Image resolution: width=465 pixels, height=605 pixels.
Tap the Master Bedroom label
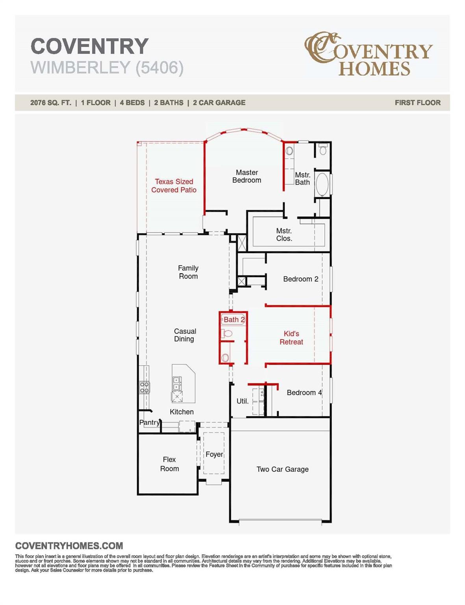pyautogui.click(x=246, y=176)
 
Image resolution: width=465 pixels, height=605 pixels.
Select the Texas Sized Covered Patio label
pyautogui.click(x=174, y=186)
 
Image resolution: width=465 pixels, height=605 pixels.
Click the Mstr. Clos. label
pyautogui.click(x=284, y=235)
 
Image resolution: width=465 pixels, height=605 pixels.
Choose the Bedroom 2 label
pyautogui.click(x=300, y=279)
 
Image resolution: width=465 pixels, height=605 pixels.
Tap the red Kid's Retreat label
pyautogui.click(x=291, y=338)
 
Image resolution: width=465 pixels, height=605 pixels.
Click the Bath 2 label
pyautogui.click(x=234, y=319)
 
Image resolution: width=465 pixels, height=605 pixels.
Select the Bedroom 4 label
pyautogui.click(x=304, y=392)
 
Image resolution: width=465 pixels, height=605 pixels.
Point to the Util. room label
pyautogui.click(x=242, y=401)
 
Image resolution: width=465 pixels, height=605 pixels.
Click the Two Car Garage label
pyautogui.click(x=282, y=469)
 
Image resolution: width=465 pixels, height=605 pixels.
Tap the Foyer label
pyautogui.click(x=214, y=454)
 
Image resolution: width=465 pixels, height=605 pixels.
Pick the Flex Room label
pyautogui.click(x=169, y=464)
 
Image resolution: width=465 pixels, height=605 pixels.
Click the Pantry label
pyautogui.click(x=150, y=422)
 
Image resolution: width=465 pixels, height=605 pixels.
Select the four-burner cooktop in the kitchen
pyautogui.click(x=145, y=387)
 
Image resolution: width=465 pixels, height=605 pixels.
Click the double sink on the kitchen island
pyautogui.click(x=177, y=383)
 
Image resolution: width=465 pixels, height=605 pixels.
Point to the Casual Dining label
pyautogui.click(x=185, y=335)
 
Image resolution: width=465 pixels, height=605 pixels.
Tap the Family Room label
pyautogui.click(x=188, y=272)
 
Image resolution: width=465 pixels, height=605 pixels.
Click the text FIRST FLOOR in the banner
pyautogui.click(x=417, y=102)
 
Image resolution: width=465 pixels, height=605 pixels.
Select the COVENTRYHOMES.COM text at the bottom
pyautogui.click(x=69, y=546)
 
